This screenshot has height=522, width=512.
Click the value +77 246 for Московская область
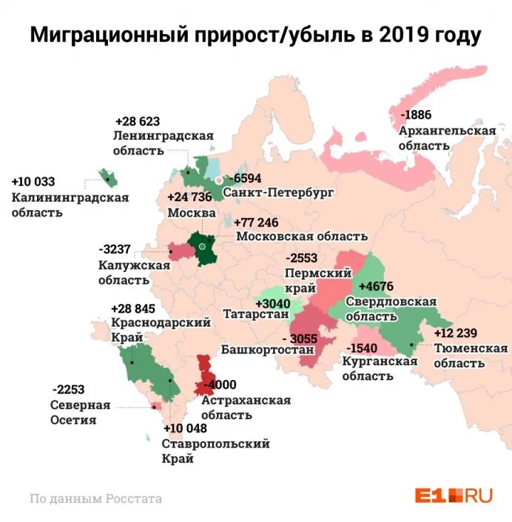256,223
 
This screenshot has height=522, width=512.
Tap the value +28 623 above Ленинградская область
138,121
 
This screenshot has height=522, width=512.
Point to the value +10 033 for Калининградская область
33,182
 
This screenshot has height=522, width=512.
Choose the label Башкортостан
257,350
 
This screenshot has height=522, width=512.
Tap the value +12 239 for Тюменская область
457,333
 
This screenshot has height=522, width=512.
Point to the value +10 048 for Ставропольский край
188,428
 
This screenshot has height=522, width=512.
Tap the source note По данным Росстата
95,498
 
